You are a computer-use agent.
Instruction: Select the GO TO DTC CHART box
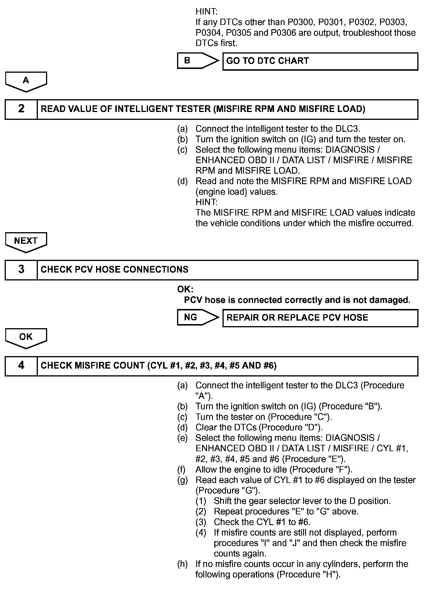pos(320,61)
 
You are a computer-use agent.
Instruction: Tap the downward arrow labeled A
pos(26,81)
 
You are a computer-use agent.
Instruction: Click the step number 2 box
pos(21,109)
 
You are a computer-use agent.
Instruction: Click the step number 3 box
pos(21,270)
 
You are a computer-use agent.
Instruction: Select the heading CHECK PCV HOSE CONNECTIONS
pos(114,270)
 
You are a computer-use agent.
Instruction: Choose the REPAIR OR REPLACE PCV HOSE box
pos(320,318)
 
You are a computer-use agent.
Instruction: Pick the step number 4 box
pos(21,366)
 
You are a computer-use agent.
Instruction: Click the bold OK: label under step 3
pos(185,289)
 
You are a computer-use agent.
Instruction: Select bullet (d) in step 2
pos(183,181)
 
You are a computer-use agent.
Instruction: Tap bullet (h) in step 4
pos(183,564)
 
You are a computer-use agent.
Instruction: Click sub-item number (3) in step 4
pos(201,522)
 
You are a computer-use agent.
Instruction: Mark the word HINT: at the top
pos(206,12)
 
